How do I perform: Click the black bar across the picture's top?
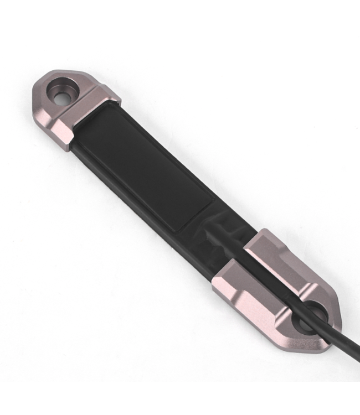click(180, 17)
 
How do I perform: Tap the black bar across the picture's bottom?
click(180, 398)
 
